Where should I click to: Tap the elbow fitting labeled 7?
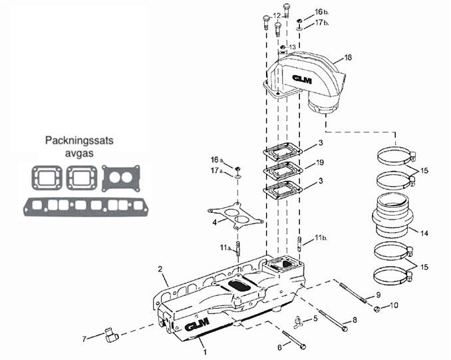[110, 335]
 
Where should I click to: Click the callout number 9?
[378, 294]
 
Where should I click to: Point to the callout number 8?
[355, 320]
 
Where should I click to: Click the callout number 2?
[160, 268]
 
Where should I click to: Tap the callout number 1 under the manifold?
[205, 350]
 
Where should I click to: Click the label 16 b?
[320, 12]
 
